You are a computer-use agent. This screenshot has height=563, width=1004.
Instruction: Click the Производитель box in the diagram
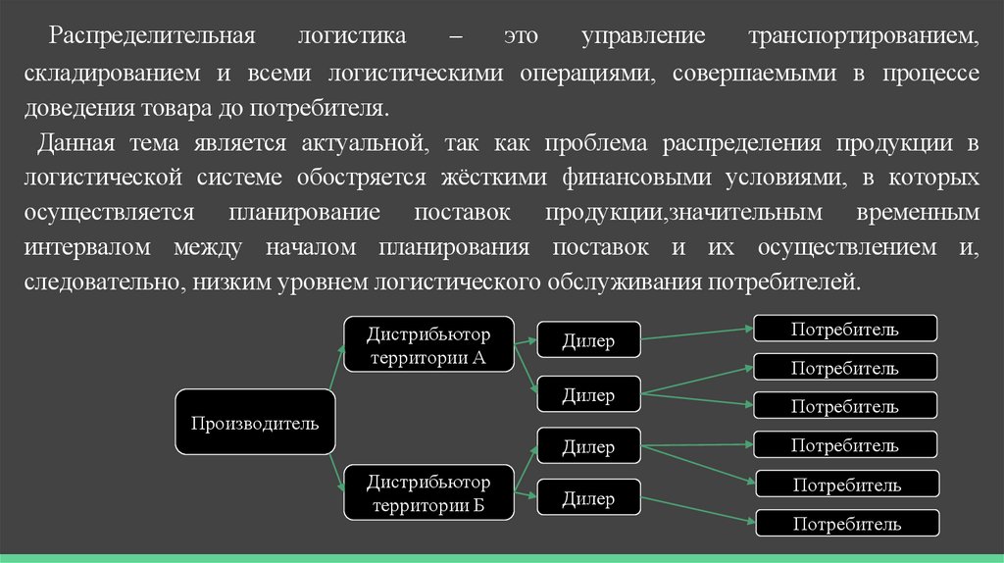pos(255,423)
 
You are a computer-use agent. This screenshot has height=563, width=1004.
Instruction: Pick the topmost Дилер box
pos(588,341)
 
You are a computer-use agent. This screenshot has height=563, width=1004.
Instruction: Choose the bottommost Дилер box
pos(588,499)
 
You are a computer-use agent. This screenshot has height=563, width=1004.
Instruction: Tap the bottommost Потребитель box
pos(844,523)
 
